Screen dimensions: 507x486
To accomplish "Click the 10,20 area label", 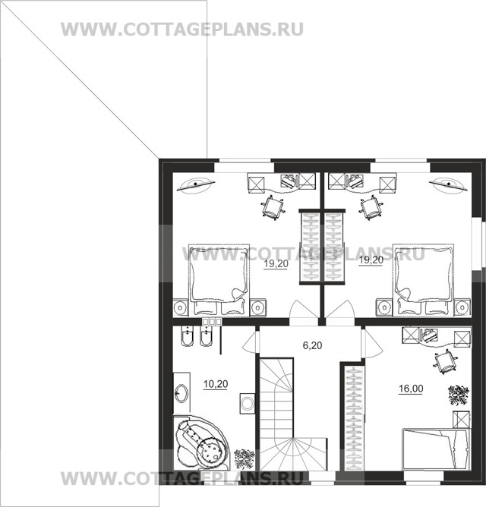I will coord(216,383).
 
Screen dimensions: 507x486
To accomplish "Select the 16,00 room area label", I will coord(411,389).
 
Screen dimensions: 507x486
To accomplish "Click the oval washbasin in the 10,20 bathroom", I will coord(183,394).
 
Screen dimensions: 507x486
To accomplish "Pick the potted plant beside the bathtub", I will coord(245,458).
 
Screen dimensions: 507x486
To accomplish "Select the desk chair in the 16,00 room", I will coord(445,364).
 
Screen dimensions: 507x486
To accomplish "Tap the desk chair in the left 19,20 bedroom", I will coord(273,206).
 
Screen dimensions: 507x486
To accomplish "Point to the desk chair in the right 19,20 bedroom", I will coord(371,206).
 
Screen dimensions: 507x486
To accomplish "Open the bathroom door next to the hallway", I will coord(250,344).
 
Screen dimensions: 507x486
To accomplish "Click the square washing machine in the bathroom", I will coord(247,403).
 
